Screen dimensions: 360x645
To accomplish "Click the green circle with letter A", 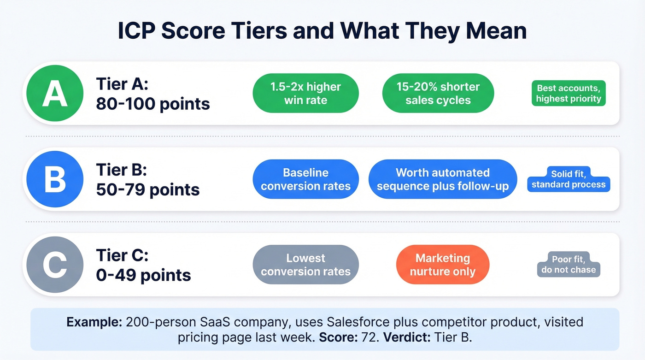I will pyautogui.click(x=55, y=93).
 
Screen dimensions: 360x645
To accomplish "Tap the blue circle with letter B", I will pyautogui.click(x=55, y=179).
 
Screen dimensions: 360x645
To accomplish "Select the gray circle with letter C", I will pyautogui.click(x=55, y=265).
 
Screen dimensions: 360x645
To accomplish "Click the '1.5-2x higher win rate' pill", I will pyautogui.click(x=305, y=93).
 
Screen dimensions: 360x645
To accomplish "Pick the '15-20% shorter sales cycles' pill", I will pyautogui.click(x=438, y=93).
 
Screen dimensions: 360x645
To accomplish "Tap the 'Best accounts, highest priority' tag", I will pyautogui.click(x=569, y=93).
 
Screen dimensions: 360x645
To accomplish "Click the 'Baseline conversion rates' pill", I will pyautogui.click(x=305, y=179).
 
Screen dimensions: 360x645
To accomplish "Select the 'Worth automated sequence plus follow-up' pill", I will pyautogui.click(x=443, y=179).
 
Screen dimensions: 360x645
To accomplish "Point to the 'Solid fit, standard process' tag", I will pyautogui.click(x=569, y=180).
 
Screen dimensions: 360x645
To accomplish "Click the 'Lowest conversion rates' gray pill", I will pyautogui.click(x=305, y=265).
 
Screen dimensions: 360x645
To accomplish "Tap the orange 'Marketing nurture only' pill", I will pyautogui.click(x=442, y=265).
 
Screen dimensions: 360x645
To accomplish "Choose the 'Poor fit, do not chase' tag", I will pyautogui.click(x=569, y=265).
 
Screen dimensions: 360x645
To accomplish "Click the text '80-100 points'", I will pyautogui.click(x=153, y=104).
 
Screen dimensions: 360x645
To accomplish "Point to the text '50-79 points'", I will pyautogui.click(x=148, y=189).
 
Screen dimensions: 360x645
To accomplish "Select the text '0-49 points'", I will pyautogui.click(x=143, y=275).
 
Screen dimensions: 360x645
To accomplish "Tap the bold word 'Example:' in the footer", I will pyautogui.click(x=94, y=322).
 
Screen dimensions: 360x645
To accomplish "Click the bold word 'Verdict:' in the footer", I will pyautogui.click(x=405, y=337).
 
